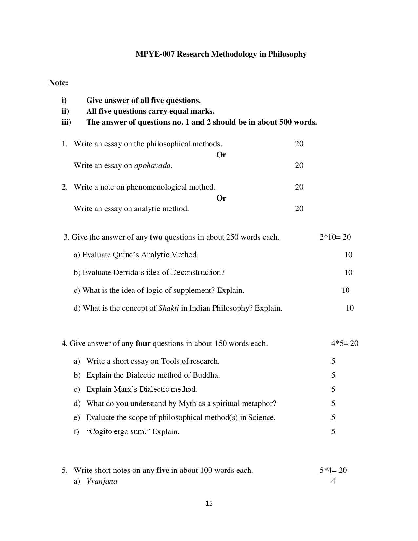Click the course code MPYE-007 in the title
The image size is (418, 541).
tap(155, 54)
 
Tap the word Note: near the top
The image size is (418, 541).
tap(59, 83)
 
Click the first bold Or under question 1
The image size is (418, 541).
tap(221, 155)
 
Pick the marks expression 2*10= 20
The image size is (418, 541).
tap(335, 237)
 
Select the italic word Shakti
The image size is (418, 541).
tap(169, 308)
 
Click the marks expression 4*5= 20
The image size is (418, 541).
tap(345, 343)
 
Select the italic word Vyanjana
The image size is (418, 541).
tap(102, 481)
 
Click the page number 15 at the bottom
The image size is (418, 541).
tap(209, 503)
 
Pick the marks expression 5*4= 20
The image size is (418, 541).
tap(333, 470)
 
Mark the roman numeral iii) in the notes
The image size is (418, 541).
tap(66, 122)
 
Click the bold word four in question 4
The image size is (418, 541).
tap(143, 343)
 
